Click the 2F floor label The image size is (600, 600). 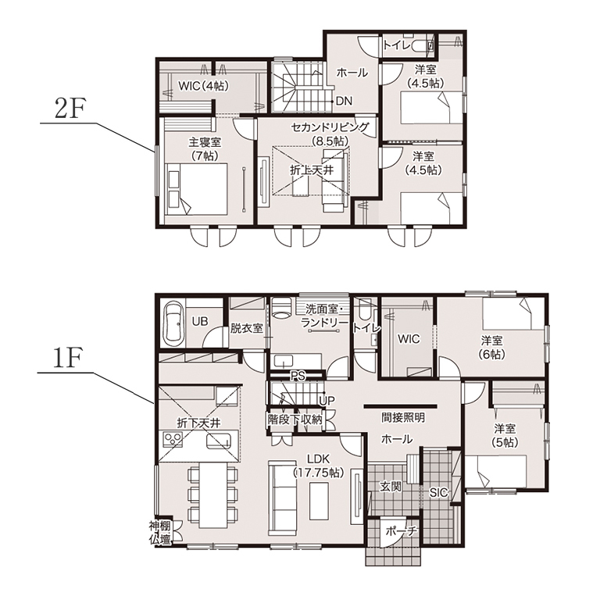pyautogui.click(x=70, y=109)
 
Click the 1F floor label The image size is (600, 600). pyautogui.click(x=66, y=359)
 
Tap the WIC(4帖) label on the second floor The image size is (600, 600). pyautogui.click(x=203, y=86)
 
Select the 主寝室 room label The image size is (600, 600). pyautogui.click(x=205, y=142)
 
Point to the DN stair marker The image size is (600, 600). pyautogui.click(x=344, y=101)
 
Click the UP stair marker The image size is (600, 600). pyautogui.click(x=327, y=401)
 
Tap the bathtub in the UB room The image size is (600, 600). pyautogui.click(x=173, y=323)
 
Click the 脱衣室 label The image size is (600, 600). pyautogui.click(x=246, y=328)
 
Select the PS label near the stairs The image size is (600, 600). pyautogui.click(x=298, y=376)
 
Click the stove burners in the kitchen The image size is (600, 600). pyautogui.click(x=173, y=438)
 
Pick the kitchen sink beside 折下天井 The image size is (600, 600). pyautogui.click(x=219, y=441)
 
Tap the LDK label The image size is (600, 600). pyautogui.click(x=319, y=459)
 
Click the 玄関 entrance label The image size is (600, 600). pyautogui.click(x=391, y=487)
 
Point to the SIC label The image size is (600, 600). pyautogui.click(x=438, y=492)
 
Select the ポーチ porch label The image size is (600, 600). pyautogui.click(x=400, y=531)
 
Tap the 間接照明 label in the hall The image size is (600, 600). pyautogui.click(x=403, y=417)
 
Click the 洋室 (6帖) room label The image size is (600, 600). pyautogui.click(x=491, y=348)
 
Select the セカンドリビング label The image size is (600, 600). pyautogui.click(x=330, y=127)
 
